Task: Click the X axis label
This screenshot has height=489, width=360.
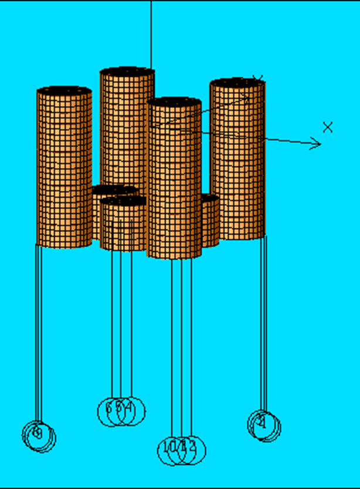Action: [x=328, y=127]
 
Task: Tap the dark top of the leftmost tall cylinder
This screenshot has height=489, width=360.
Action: [x=64, y=90]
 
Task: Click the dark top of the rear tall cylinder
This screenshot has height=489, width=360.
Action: [x=127, y=72]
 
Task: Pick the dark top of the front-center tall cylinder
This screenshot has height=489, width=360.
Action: [x=174, y=102]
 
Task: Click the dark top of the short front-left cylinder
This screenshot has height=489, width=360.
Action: [x=123, y=201]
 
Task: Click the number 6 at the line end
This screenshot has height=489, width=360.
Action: [x=108, y=406]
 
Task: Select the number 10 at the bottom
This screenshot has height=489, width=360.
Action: [x=169, y=447]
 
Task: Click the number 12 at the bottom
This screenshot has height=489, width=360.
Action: [x=191, y=447]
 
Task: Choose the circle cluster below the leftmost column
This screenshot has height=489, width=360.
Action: [x=39, y=436]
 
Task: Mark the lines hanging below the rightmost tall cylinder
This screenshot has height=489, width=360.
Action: [x=263, y=322]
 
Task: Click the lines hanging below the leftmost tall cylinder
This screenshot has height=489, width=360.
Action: [x=38, y=328]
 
